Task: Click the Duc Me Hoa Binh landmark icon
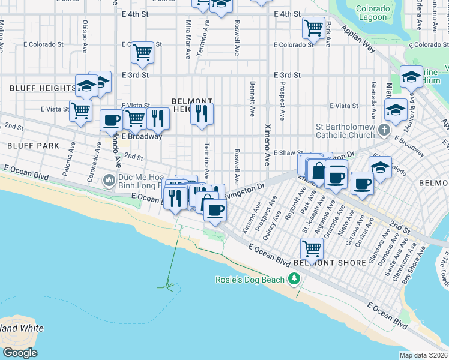[109, 179]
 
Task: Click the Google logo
[19, 353]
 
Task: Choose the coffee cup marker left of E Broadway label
[111, 120]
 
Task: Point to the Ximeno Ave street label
[267, 145]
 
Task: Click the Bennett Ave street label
[253, 99]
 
